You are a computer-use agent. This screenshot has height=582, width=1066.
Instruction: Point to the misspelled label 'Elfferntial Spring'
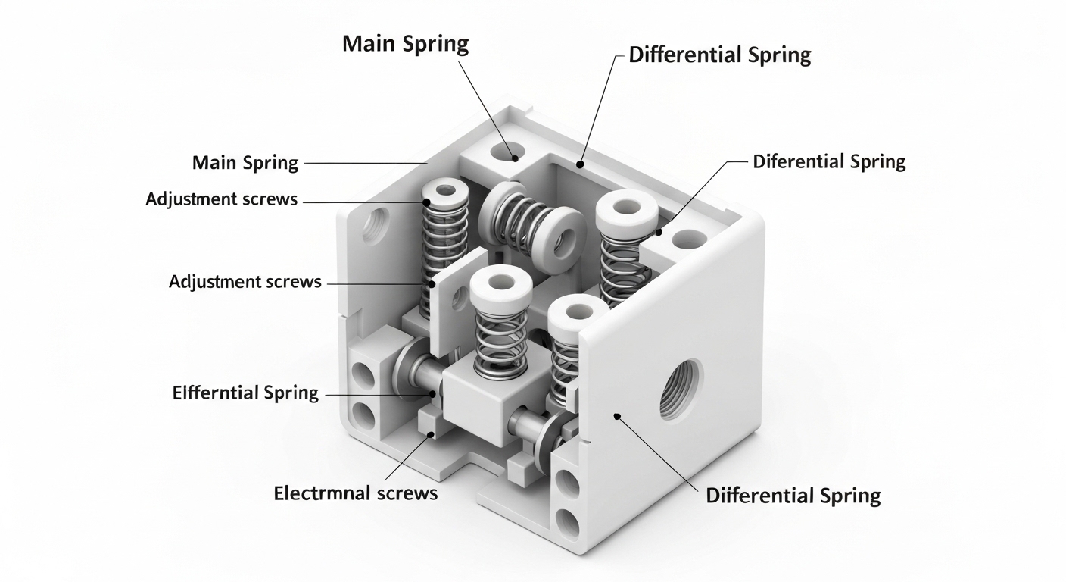[245, 393]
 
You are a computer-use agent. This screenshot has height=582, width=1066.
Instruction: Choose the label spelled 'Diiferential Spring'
[793, 496]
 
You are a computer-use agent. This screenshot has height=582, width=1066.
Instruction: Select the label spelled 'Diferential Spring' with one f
[829, 161]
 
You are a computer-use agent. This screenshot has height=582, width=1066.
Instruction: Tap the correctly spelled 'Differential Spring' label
[720, 55]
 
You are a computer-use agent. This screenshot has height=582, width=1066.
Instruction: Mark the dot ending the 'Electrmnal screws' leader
[432, 434]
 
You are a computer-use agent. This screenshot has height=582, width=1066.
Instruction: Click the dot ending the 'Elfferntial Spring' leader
[433, 394]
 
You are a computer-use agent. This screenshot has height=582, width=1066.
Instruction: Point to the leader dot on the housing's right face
[618, 416]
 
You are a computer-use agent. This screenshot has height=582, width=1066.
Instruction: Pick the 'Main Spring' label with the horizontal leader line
[245, 163]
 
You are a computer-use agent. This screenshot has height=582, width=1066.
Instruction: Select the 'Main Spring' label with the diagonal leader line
[405, 43]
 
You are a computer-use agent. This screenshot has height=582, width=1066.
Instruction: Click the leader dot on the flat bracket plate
[432, 285]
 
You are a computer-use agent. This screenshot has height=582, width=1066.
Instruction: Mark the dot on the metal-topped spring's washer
[427, 202]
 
